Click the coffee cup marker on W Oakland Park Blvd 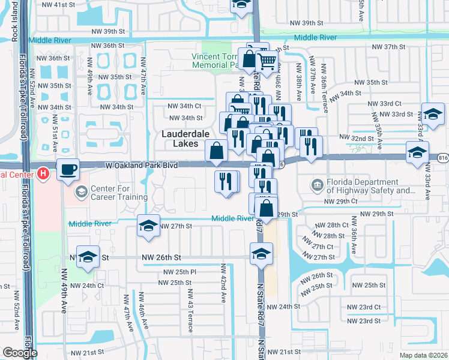coord(68,169)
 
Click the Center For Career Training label coord(111,193)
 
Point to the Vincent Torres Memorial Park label coord(216,61)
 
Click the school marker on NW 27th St coord(148,226)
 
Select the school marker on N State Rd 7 coord(261,254)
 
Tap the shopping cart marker coord(267,60)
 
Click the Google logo coord(20,353)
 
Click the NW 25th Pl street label coord(176,272)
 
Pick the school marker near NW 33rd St coord(432,113)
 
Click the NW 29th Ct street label coord(340,202)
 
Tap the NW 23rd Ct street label coord(369,307)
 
